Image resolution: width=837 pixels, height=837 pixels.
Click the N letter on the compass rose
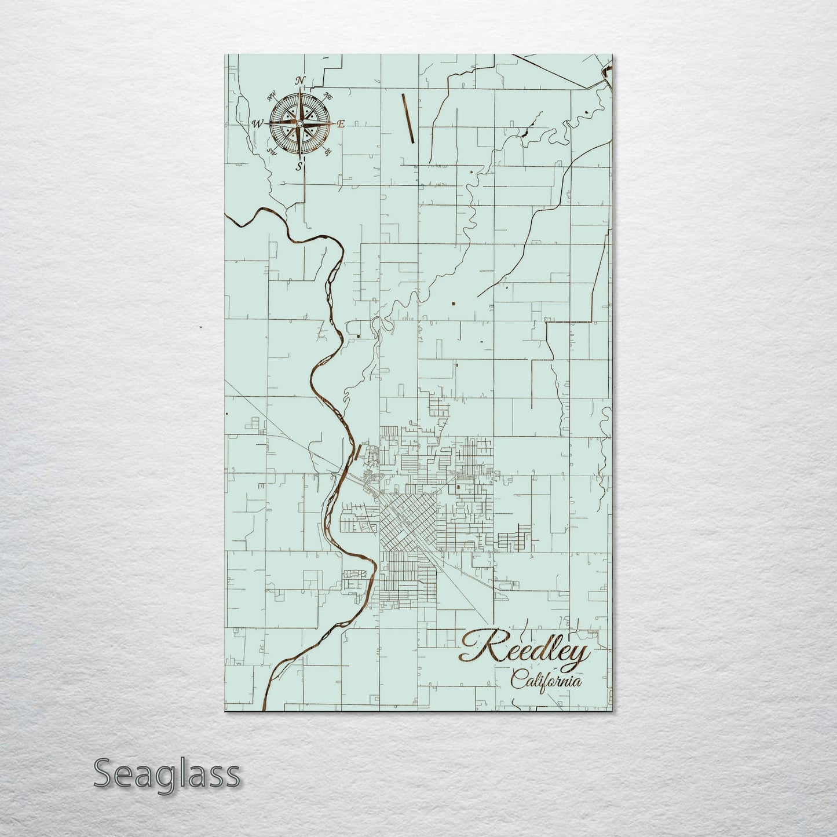300,81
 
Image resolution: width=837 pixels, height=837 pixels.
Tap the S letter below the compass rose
299,167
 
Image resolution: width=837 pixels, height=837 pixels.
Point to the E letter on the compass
341,124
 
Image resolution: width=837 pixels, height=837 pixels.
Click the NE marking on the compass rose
328,96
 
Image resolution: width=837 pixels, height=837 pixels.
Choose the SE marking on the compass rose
328,152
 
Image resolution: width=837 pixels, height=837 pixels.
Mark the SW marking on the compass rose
271,152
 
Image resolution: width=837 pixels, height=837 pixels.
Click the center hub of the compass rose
299,124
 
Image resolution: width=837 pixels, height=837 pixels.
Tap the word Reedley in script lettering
525,650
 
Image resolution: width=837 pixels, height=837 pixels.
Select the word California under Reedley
546,682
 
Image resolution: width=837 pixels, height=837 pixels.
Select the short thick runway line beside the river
359,456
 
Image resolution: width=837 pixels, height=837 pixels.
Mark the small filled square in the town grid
458,488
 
